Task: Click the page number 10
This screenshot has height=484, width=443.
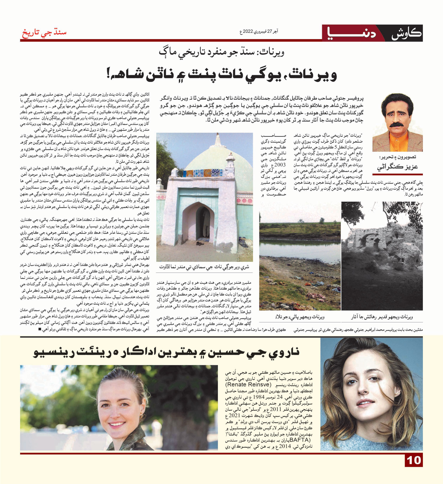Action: (x=414, y=461)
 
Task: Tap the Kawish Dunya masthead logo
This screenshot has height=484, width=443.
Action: (x=372, y=33)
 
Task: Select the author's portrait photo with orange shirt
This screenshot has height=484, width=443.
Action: (x=398, y=123)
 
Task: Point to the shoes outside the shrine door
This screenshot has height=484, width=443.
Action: (x=200, y=243)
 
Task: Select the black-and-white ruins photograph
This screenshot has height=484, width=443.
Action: (x=382, y=256)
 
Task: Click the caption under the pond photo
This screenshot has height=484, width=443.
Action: (x=300, y=317)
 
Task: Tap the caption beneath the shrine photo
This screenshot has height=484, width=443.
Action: (x=204, y=267)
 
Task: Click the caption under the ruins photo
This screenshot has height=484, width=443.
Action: (x=382, y=317)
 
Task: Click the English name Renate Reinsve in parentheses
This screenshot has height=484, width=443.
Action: (x=248, y=385)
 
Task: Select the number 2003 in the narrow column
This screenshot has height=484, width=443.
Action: (x=280, y=164)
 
